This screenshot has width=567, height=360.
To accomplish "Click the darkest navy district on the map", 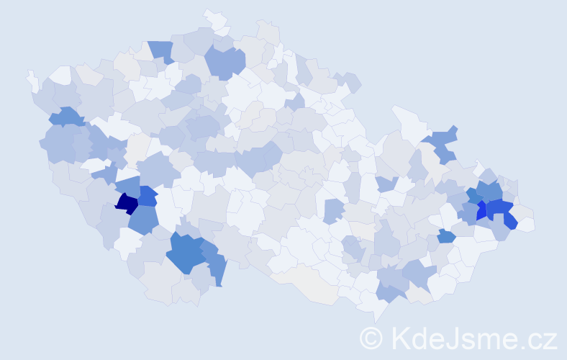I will pos(127,204).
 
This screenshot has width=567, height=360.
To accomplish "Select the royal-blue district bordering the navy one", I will pos(148,196).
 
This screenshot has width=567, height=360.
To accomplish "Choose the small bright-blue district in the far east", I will pos(481,211).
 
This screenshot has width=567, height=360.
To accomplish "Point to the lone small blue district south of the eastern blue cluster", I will pos(446,236).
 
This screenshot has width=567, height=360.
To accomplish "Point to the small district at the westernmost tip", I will pos(32,79).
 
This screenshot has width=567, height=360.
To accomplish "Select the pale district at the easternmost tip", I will pos(526,224).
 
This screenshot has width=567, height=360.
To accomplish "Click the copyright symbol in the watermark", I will pos(371,338).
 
